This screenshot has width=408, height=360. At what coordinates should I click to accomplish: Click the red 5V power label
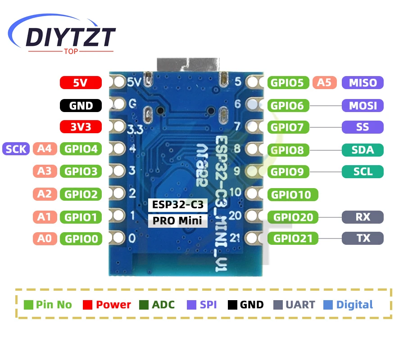81,82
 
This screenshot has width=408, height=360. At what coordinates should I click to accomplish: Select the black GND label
81,106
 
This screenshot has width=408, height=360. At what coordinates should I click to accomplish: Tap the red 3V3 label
81,127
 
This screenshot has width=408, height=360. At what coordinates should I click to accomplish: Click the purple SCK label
16,148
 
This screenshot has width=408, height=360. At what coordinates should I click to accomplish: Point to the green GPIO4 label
81,148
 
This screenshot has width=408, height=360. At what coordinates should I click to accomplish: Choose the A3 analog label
45,171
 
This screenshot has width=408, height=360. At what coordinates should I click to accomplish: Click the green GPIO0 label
81,238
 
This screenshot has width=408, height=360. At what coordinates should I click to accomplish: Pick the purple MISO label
363,82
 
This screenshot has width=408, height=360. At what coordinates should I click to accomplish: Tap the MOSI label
363,106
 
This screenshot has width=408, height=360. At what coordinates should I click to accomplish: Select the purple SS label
363,127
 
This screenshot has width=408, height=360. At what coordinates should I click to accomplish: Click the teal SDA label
363,150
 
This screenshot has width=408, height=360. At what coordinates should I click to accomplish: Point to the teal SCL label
363,171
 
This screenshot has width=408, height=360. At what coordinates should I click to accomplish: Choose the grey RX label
363,217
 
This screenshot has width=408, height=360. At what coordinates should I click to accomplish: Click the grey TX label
363,238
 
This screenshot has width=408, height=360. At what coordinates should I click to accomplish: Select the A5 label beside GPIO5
324,82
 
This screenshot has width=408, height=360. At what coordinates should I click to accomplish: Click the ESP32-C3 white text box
178,205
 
